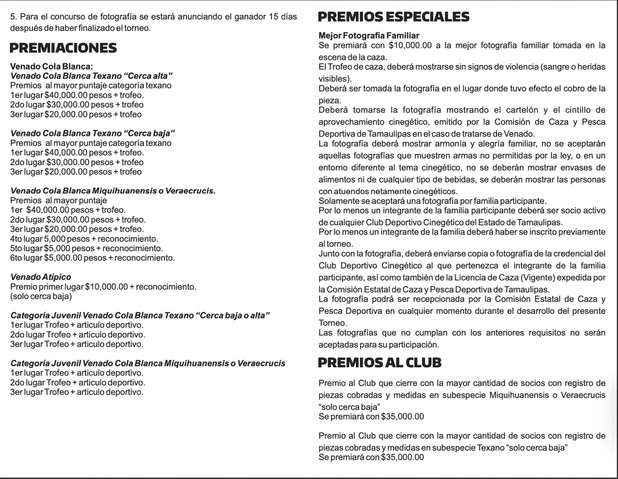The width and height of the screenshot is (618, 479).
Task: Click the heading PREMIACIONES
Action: tap(63, 48)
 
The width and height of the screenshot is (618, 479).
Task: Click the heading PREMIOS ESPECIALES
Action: tap(393, 17)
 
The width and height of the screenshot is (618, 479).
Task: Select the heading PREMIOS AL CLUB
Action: tap(380, 362)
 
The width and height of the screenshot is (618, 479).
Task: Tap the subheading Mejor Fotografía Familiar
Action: tap(369, 36)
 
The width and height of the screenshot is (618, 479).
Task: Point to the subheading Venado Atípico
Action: tap(41, 277)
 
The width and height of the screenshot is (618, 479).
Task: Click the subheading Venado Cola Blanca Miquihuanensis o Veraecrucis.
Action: tap(113, 191)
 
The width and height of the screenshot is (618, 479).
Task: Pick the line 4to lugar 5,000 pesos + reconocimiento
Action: tap(84, 239)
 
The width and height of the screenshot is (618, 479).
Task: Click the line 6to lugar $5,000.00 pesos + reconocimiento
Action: tap(92, 258)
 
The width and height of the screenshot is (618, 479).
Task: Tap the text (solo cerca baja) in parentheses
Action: tap(41, 296)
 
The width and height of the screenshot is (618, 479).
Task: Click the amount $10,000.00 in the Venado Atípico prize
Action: tap(106, 287)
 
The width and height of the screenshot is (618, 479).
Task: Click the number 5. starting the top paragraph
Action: tap(13, 17)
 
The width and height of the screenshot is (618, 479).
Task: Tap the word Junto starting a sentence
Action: tap(329, 253)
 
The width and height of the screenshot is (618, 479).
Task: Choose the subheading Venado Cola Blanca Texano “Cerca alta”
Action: tap(91, 76)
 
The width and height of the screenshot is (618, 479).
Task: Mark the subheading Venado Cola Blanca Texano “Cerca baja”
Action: tap(93, 133)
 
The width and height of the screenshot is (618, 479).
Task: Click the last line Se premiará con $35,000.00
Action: tap(371, 457)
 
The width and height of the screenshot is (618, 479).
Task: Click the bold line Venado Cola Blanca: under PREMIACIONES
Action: tap(51, 66)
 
